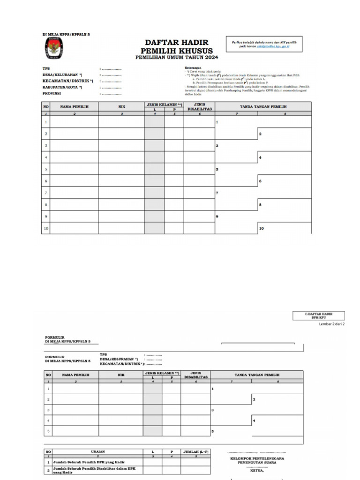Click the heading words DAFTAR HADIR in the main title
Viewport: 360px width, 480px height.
coord(176,43)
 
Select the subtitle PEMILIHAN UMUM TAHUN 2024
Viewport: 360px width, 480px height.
coord(177,58)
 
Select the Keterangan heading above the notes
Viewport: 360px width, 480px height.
coord(193,67)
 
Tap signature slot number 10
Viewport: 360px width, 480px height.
coord(284,228)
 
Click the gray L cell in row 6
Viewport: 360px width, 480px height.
coord(154,180)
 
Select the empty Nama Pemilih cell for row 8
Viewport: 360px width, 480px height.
coord(74,204)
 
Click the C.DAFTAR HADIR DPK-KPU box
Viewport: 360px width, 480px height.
coord(319,315)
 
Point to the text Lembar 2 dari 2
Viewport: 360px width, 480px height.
coord(331,324)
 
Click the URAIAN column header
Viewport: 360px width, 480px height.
coord(98,451)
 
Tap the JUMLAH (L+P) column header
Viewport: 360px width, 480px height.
coord(196,451)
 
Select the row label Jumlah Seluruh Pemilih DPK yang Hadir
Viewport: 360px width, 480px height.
coord(86,462)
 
